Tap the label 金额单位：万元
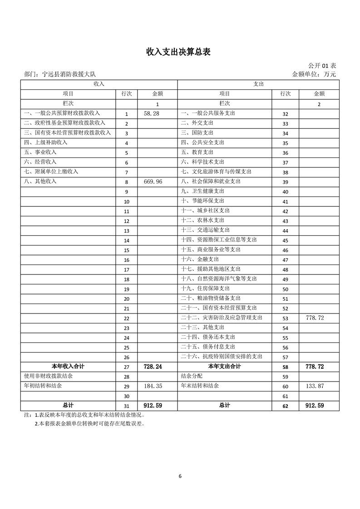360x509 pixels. tap(314, 74)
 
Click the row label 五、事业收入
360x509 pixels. tap(40, 152)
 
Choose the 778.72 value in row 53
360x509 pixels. tap(315, 318)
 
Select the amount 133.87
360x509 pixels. tap(315, 386)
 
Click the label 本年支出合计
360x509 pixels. tap(224, 366)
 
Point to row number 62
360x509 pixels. tap(285, 406)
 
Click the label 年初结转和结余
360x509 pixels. tap(43, 386)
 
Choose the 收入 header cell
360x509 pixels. tap(99, 84)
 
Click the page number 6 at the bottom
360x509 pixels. tap(180, 476)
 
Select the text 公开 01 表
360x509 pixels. tap(322, 66)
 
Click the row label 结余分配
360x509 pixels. tap(192, 376)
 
